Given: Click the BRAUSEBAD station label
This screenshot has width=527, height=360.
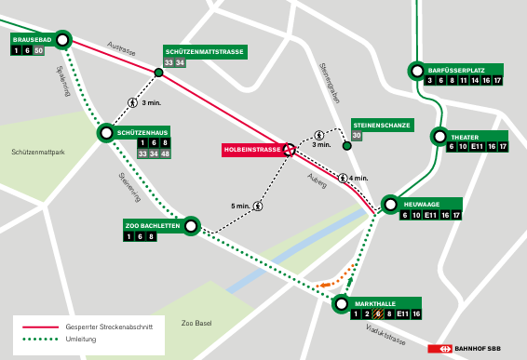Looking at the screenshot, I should pos(31,40).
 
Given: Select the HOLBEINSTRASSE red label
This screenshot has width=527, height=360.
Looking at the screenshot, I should pos(252,149).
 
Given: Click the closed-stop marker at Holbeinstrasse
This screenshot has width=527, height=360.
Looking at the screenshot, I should pos(290,149).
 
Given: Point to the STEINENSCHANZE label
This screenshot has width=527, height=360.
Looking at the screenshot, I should pos(382,124).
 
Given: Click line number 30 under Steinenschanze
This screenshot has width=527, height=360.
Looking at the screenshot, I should pos(357,136).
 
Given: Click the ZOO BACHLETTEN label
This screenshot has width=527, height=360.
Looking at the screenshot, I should pos(152,225).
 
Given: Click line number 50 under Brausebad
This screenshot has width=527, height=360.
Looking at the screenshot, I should pos(39,51).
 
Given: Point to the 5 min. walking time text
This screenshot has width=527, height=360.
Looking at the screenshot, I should pos(240,207).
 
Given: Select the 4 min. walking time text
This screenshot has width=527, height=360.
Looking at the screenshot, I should pos(358,178).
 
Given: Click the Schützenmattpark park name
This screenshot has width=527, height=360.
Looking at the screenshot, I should pos(36,151).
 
